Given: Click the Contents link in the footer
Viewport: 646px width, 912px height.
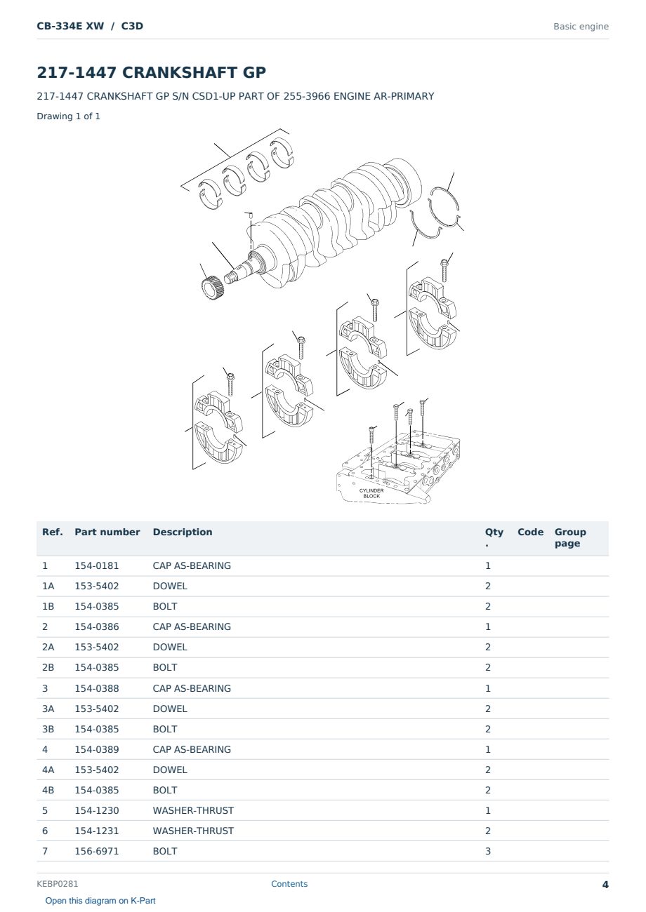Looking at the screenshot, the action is tap(289, 883).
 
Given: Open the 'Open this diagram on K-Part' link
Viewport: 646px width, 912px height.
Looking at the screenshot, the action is tap(100, 900).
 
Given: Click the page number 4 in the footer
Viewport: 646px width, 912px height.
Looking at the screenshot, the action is tap(605, 885).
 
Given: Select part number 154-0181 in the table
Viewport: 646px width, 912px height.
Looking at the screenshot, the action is tap(97, 565).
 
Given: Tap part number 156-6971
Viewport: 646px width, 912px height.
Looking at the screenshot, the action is tap(97, 851).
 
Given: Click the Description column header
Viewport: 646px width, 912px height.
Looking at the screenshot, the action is tap(182, 532).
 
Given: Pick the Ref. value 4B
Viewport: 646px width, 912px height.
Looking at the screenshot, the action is tap(48, 790).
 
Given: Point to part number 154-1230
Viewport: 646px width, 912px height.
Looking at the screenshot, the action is tap(97, 810).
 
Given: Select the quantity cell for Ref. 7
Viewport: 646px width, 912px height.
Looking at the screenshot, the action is tap(488, 851).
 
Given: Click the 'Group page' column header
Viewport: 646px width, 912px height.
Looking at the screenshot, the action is tap(570, 537).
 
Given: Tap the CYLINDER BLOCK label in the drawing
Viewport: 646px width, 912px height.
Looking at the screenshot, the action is tap(371, 493).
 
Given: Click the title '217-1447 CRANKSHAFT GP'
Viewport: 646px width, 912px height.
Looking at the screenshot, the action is tap(151, 72).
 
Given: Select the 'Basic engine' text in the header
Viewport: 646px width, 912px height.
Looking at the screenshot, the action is tap(581, 27).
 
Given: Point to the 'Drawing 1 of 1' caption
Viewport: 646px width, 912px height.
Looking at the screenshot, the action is tap(69, 116).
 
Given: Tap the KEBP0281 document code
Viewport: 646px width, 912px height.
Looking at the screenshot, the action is tap(57, 883).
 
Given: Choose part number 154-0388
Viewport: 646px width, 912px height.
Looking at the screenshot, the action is tap(97, 688).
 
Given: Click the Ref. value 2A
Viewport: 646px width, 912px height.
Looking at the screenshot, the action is tap(48, 647).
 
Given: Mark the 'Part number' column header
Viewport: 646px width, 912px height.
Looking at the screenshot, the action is tap(107, 532).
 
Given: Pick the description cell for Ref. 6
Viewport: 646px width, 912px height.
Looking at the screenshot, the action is tap(193, 831).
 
